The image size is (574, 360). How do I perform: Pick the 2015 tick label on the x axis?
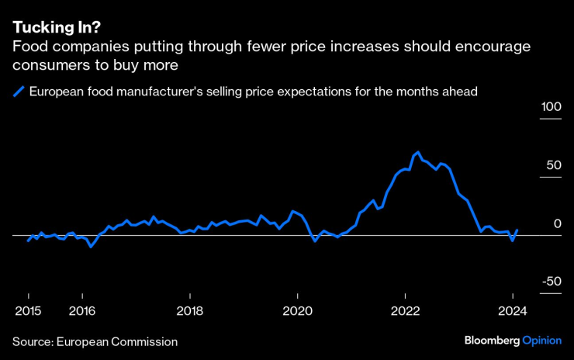(28, 311)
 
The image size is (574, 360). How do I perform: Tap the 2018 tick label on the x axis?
(190, 311)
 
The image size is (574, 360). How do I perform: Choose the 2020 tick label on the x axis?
(297, 311)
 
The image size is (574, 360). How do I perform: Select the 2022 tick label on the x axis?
(405, 311)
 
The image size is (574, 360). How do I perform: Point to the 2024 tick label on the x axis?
(512, 311)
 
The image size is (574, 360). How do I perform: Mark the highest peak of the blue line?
(418, 152)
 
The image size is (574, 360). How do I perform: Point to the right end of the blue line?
(517, 230)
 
